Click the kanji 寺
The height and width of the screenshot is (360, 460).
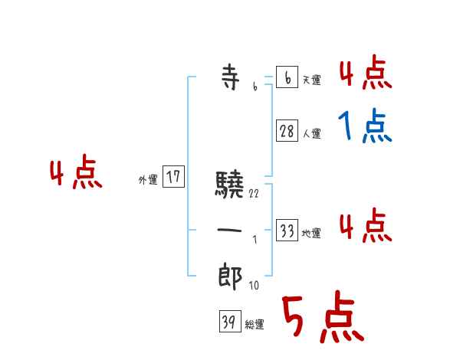(x=229, y=79)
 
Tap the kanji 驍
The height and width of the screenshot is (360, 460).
(x=229, y=185)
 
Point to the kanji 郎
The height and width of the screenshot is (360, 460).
(x=229, y=276)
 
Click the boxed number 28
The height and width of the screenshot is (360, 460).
(x=287, y=132)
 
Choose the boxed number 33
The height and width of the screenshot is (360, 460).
(x=287, y=231)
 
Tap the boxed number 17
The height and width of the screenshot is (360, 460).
(x=174, y=178)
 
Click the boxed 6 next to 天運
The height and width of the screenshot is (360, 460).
(x=287, y=78)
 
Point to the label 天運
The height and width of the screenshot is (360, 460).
(x=311, y=80)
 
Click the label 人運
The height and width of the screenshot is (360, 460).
(x=311, y=133)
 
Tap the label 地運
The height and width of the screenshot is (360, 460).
(x=311, y=233)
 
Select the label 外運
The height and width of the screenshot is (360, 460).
(x=148, y=180)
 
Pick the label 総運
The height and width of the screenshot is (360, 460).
(x=255, y=325)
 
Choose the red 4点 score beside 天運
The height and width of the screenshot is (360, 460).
(x=365, y=74)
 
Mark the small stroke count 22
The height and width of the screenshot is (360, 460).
(x=254, y=194)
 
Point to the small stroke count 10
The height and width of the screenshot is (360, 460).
(x=254, y=286)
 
